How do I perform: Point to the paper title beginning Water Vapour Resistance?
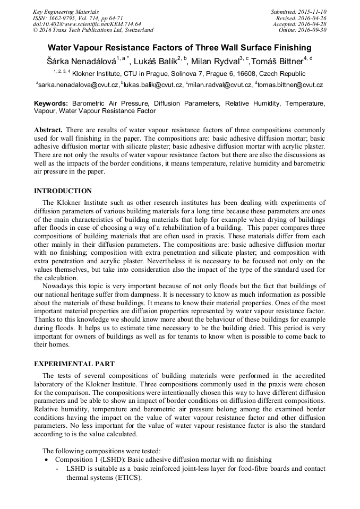(179, 48)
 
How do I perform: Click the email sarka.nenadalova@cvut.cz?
(78, 85)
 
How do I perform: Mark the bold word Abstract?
(48, 130)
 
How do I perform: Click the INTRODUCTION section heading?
(63, 191)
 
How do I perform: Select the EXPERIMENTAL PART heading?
(73, 364)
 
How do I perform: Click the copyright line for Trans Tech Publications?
(93, 30)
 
